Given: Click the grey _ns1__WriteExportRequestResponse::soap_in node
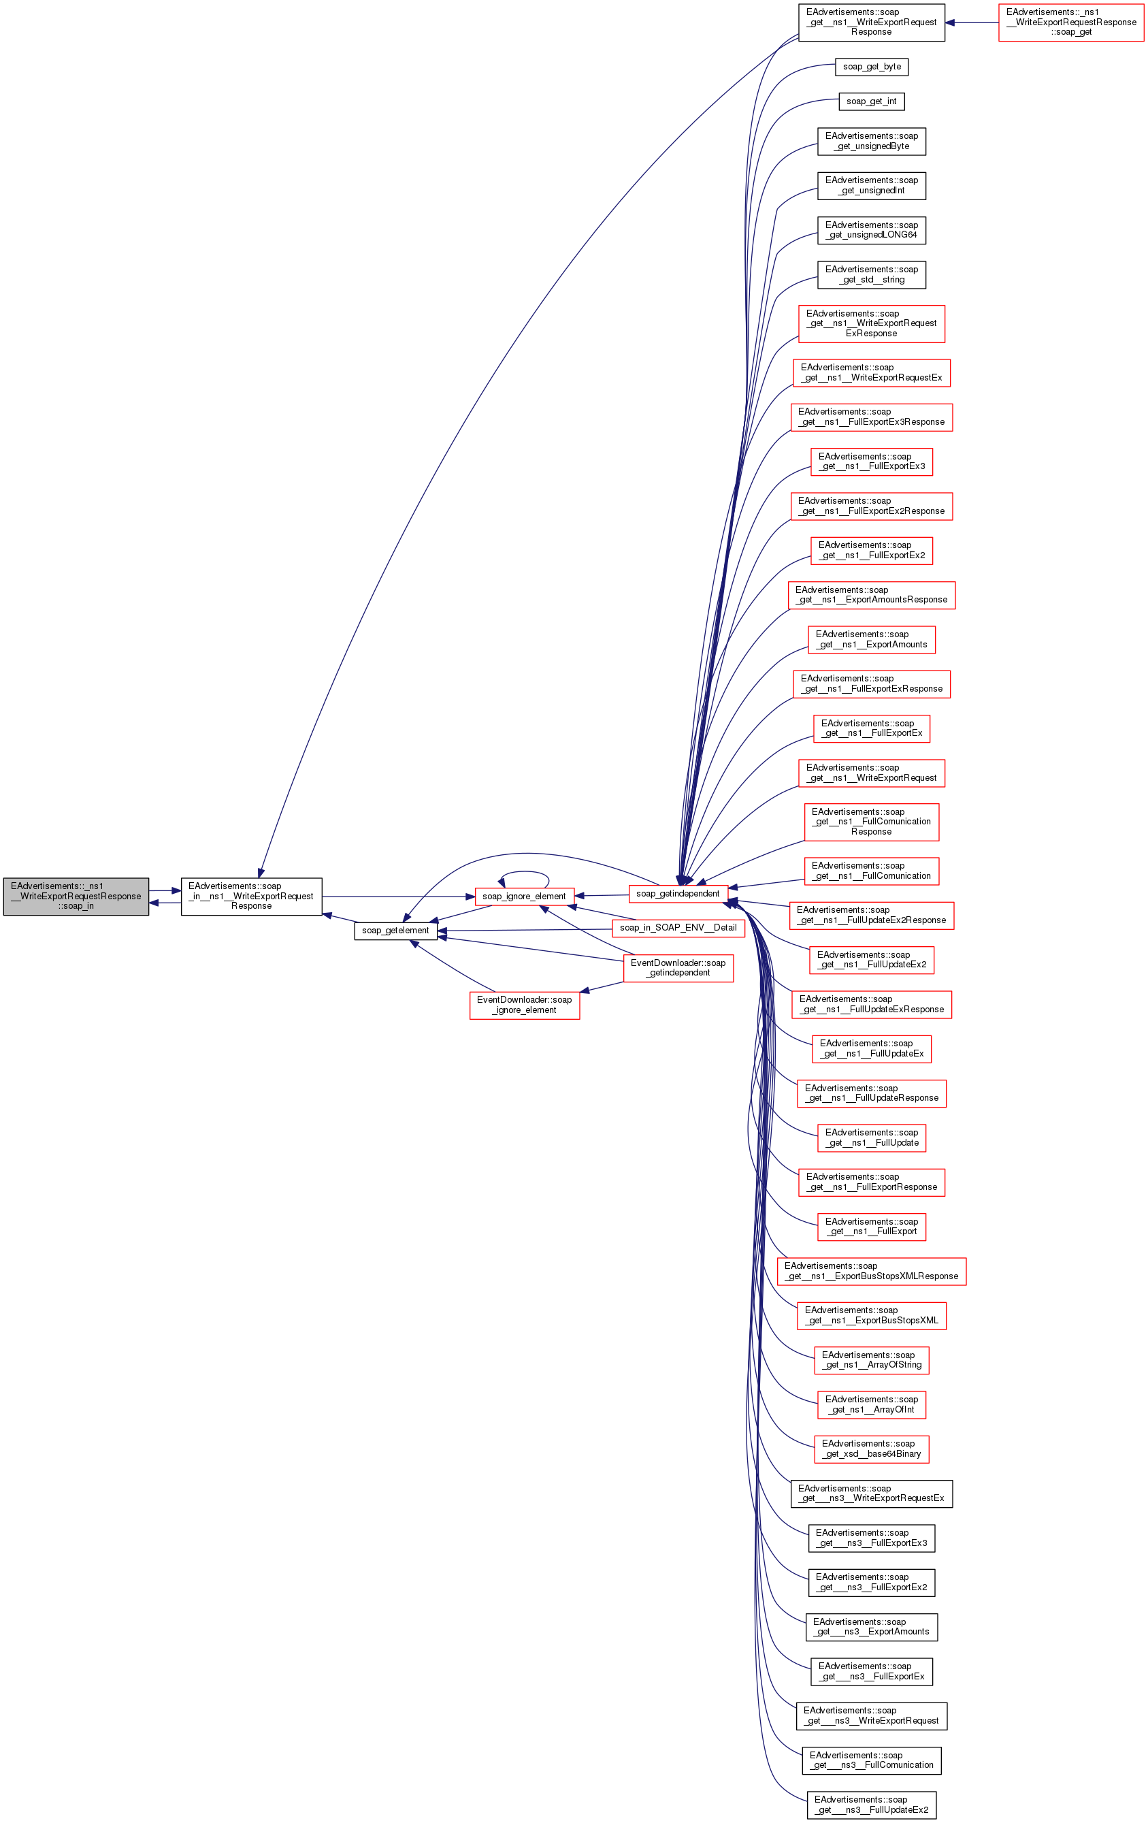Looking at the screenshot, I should point(76,896).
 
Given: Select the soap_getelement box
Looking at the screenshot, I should point(395,931).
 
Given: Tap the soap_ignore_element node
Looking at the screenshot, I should point(524,897).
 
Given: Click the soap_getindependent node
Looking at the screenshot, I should point(677,894).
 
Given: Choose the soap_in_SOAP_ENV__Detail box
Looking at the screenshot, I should point(678,927).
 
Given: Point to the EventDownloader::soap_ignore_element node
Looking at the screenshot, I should point(524,1005).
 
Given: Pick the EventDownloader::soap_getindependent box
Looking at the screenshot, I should point(678,967).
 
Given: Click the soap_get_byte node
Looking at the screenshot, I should point(871,67).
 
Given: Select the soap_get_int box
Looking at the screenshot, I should point(871,101).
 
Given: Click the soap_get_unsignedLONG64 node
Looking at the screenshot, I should point(871,230).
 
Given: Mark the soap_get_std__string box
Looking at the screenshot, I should point(871,275).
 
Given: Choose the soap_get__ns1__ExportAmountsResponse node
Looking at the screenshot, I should point(871,595).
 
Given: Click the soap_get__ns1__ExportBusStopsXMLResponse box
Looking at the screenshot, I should point(871,1271).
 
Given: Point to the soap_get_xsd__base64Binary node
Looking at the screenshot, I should point(871,1449).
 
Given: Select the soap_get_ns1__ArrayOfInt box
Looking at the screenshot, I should point(871,1404).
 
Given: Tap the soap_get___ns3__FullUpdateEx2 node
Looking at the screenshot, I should point(871,1805).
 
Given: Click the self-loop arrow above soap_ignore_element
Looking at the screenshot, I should point(524,873).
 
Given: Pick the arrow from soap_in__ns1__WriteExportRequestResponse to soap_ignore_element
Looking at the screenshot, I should point(397,897).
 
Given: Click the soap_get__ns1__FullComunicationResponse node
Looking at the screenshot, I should point(871,822).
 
